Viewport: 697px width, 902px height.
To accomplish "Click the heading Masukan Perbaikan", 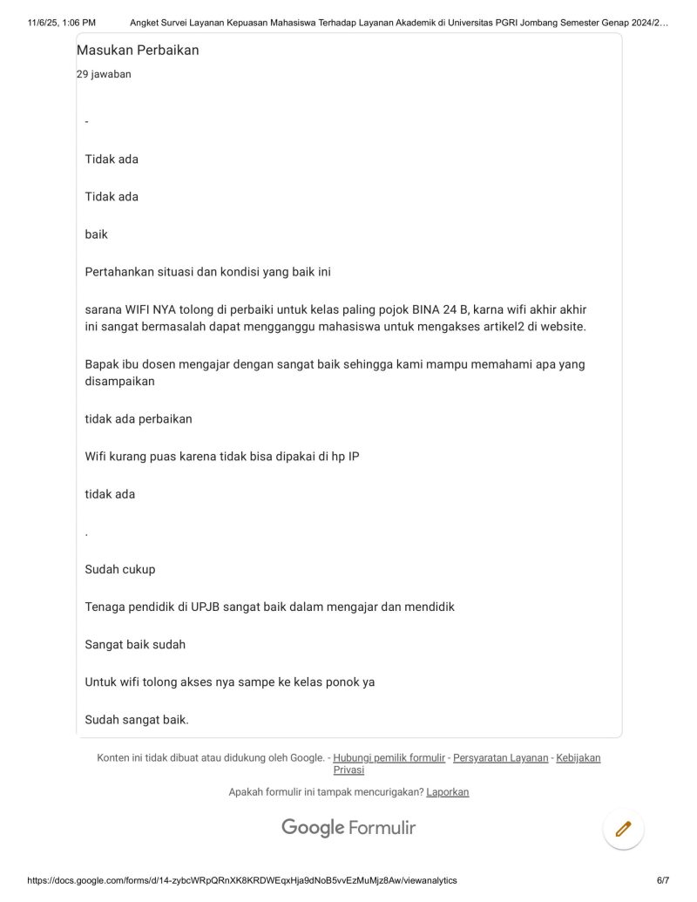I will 138,51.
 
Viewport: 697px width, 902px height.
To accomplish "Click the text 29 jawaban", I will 104,75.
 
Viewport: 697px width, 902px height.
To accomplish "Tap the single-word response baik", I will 97,234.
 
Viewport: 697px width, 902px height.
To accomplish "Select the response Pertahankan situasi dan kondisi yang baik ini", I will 207,272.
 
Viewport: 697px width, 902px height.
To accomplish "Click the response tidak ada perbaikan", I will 139,419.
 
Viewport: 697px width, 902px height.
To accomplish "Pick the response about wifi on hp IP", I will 221,457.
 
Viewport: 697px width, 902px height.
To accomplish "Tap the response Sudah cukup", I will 120,570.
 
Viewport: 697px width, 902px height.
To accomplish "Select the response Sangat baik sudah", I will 135,645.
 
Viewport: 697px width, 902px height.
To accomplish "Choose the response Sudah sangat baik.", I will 137,720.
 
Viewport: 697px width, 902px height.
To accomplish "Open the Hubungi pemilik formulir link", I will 389,758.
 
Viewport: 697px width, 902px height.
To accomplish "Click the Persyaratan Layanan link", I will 500,758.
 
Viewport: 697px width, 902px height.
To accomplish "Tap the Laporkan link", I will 447,792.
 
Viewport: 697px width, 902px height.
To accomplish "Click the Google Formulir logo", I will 348,828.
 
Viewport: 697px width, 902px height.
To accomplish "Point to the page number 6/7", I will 662,881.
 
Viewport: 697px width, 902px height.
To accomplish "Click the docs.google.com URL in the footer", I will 242,881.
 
